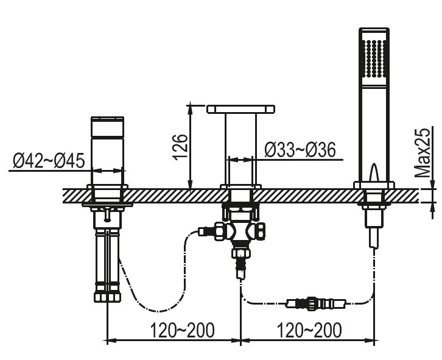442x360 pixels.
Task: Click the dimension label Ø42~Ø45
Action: [x=49, y=161]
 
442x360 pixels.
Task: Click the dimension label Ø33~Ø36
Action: [x=300, y=149]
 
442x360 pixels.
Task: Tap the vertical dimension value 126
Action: [x=180, y=147]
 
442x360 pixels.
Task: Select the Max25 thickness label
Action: [x=423, y=152]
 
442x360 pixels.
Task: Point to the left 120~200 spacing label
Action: [x=182, y=330]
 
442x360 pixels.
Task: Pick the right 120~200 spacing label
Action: [x=309, y=330]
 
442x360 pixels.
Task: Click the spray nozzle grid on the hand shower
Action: [x=374, y=58]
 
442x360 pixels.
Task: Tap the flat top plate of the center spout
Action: [x=240, y=109]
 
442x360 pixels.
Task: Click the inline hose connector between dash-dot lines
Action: [x=316, y=304]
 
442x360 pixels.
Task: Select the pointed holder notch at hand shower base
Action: [x=374, y=172]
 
